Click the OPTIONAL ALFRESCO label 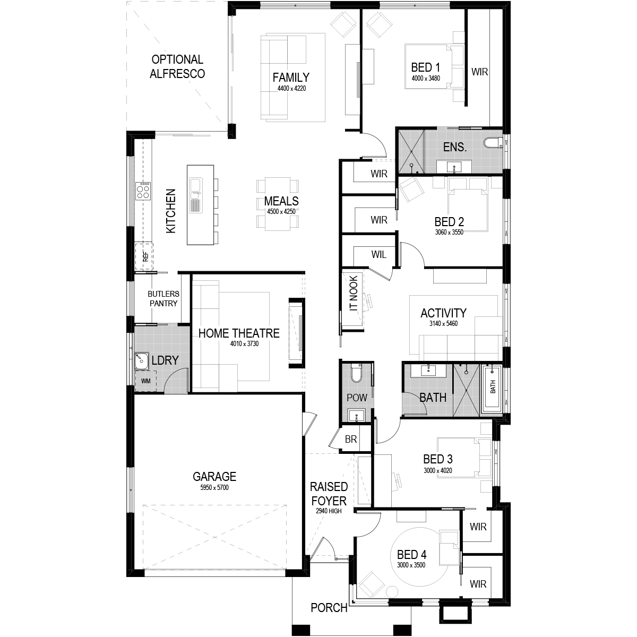click(x=177, y=67)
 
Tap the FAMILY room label click(x=291, y=77)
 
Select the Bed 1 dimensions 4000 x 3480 click(x=426, y=78)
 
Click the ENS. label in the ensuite click(x=455, y=147)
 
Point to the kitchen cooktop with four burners click(x=143, y=190)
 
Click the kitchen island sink click(x=195, y=185)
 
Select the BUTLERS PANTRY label click(x=163, y=298)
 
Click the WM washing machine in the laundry click(x=145, y=381)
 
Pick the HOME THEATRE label click(x=239, y=333)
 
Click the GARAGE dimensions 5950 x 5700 click(x=214, y=487)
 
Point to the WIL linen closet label click(x=378, y=255)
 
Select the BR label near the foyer click(x=351, y=440)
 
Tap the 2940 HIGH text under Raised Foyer click(x=329, y=511)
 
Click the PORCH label click(x=329, y=608)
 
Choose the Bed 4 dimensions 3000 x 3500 click(x=411, y=565)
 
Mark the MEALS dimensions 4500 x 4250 click(x=281, y=212)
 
